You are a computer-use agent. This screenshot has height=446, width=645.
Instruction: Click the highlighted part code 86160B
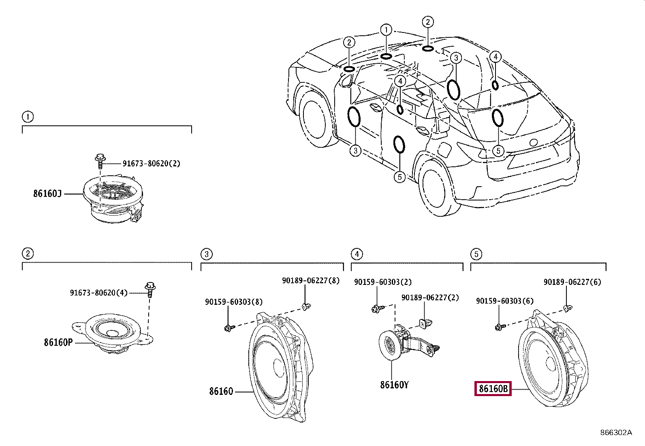pyautogui.click(x=493, y=388)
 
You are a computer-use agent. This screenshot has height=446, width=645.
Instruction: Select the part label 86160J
pyautogui.click(x=47, y=194)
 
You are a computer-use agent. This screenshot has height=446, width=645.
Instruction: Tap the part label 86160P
pyautogui.click(x=58, y=343)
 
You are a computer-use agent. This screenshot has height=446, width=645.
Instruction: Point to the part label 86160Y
pyautogui.click(x=394, y=385)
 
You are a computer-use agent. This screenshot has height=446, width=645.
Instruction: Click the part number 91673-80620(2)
pyautogui.click(x=152, y=164)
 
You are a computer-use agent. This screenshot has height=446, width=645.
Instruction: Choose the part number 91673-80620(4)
pyautogui.click(x=99, y=293)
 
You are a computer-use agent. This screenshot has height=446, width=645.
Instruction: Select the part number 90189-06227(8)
pyautogui.click(x=311, y=280)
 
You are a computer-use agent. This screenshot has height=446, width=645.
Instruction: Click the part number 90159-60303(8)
pyautogui.click(x=234, y=302)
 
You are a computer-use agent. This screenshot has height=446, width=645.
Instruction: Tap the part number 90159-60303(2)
pyautogui.click(x=383, y=282)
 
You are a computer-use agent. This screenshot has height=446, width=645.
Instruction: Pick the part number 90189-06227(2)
pyautogui.click(x=430, y=297)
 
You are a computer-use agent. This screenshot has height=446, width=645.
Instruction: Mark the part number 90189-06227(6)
pyautogui.click(x=572, y=282)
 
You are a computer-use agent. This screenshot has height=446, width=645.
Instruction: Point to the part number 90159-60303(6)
pyautogui.click(x=505, y=301)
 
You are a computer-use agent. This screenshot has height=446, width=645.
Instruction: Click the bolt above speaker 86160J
pyautogui.click(x=100, y=162)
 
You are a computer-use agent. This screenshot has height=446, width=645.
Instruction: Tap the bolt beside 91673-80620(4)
pyautogui.click(x=150, y=290)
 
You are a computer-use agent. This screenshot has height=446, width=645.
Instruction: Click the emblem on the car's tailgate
pyautogui.click(x=534, y=142)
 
